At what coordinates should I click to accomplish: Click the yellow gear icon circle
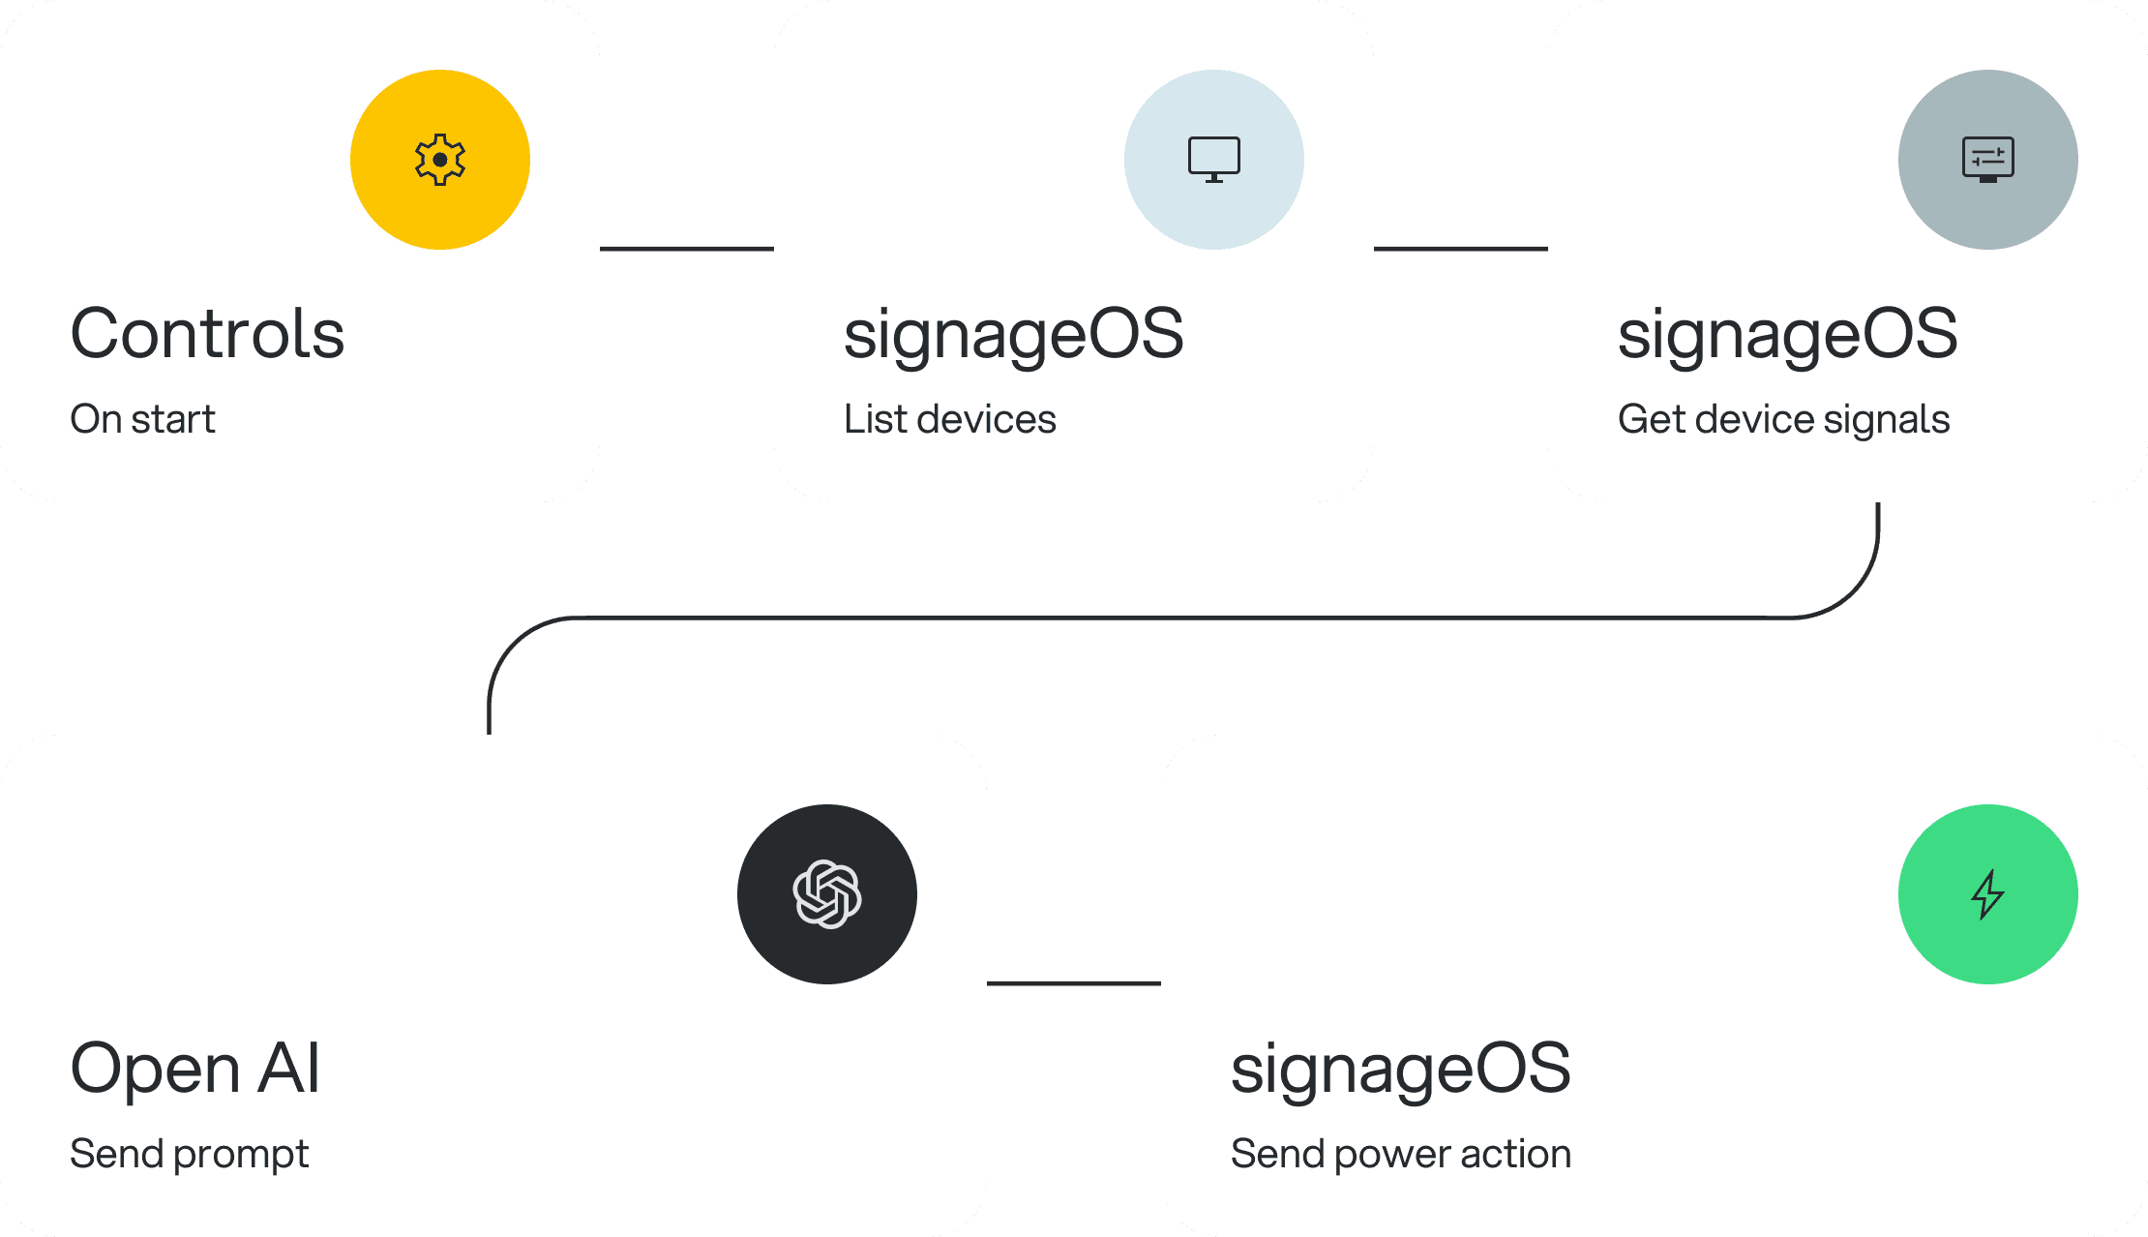click(x=440, y=160)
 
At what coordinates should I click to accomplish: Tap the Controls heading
click(x=207, y=334)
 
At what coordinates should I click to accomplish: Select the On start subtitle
click(x=142, y=419)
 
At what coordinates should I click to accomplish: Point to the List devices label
click(x=949, y=419)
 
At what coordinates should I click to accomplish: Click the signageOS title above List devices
click(x=1013, y=334)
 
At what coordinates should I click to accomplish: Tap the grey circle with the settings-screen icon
click(x=1987, y=160)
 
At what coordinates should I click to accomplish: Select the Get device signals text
click(x=1783, y=419)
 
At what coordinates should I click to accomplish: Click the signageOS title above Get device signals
click(x=1787, y=334)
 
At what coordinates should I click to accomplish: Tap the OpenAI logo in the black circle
click(x=827, y=894)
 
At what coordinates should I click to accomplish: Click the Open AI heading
click(x=194, y=1069)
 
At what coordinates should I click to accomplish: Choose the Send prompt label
click(x=189, y=1154)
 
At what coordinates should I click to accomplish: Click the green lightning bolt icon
click(x=1987, y=894)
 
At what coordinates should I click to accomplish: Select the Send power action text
click(x=1400, y=1154)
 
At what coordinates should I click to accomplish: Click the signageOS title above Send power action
click(x=1400, y=1069)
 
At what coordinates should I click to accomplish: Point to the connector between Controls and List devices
click(x=687, y=249)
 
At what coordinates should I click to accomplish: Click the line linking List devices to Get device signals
click(x=1461, y=249)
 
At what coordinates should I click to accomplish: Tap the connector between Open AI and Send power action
click(x=1074, y=983)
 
